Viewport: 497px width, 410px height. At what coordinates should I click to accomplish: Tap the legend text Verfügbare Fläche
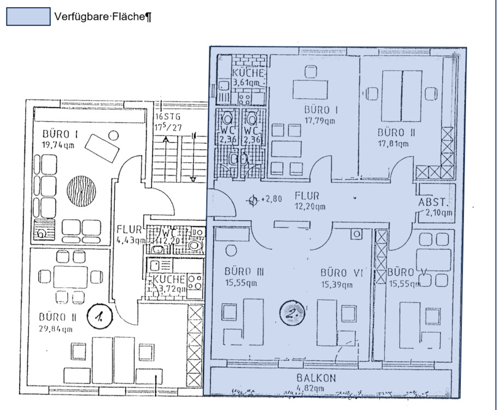(102, 17)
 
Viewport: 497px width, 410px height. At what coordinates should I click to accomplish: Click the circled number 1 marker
(100, 315)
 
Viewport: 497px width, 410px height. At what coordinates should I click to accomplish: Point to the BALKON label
(317, 378)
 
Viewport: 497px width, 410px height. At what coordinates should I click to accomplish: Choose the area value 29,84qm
(56, 329)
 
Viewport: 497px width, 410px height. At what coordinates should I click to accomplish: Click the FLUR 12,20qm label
(310, 201)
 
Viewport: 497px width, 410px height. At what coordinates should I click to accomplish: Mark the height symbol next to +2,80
(252, 200)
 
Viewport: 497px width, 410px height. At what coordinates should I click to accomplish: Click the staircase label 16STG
(167, 116)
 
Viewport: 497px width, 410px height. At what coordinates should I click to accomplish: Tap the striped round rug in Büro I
(81, 190)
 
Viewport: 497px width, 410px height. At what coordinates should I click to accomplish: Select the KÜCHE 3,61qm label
(249, 77)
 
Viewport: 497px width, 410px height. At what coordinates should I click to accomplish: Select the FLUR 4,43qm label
(130, 234)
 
